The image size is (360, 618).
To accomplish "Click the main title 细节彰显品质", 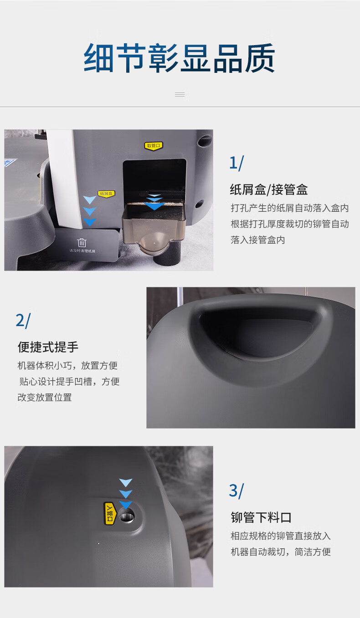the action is point(180,58).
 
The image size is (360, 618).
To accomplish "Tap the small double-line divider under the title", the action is point(180,95).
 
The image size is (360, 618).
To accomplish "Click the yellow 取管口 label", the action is point(154,146).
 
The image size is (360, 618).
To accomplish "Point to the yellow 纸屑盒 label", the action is point(106,194).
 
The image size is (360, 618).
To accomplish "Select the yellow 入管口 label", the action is point(110,513).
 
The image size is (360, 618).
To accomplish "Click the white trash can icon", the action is point(82,243).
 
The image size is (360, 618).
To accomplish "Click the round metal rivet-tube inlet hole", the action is point(127,516).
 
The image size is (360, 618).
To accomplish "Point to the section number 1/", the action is point(237,163).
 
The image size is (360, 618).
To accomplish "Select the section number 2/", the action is point(23,320).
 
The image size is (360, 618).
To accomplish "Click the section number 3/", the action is point(237,491).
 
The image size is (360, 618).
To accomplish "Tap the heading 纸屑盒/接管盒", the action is point(269,190).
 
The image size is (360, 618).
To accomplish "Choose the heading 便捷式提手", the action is point(48,347).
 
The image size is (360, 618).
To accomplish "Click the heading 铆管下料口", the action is point(261,517).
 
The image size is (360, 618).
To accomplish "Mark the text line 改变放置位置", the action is point(45,398).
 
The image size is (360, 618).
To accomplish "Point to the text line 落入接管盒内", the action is point(258,240).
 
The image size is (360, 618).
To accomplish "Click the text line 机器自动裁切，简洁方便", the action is point(281,552).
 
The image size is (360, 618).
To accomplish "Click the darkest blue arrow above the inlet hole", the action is point(126,505).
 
